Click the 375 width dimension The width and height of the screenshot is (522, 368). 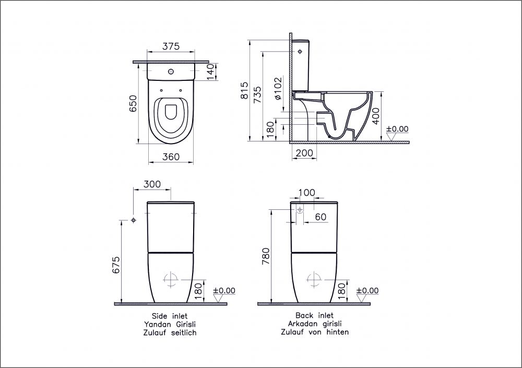coord(171,46)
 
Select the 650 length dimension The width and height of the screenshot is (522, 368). coord(133,103)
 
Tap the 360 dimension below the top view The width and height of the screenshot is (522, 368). coord(171,157)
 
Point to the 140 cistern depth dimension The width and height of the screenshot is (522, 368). coord(210,72)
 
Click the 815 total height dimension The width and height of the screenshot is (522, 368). coord(244,90)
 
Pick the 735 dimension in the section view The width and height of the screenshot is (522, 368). coord(257,95)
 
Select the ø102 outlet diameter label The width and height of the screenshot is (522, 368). coord(278,88)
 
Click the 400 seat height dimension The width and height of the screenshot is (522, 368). coord(375,116)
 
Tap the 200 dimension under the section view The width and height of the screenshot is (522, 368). coord(304,153)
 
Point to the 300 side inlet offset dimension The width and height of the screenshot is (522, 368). coord(152,184)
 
